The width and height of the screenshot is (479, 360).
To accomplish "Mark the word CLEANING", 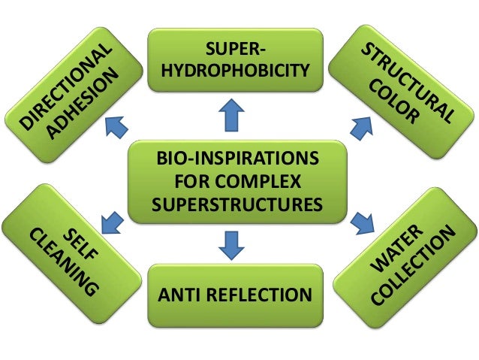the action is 65,262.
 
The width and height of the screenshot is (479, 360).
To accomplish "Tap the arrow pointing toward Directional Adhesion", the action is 116,128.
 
